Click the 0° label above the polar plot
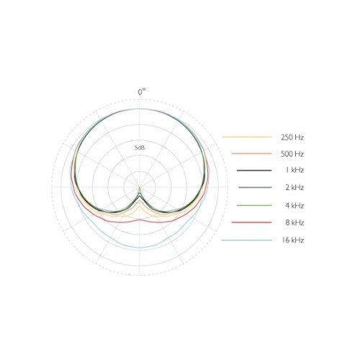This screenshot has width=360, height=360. pyautogui.click(x=142, y=92)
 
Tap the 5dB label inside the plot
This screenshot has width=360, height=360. pyautogui.click(x=140, y=148)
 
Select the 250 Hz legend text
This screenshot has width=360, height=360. pyautogui.click(x=292, y=138)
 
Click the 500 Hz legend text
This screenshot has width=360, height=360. pyautogui.click(x=292, y=154)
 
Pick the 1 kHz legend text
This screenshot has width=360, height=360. pyautogui.click(x=294, y=170)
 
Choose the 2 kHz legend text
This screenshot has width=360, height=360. pyautogui.click(x=294, y=187)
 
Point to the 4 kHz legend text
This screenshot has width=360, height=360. pyautogui.click(x=294, y=206)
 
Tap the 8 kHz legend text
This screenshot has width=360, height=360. pyautogui.click(x=294, y=222)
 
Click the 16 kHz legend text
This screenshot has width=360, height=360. pyautogui.click(x=292, y=240)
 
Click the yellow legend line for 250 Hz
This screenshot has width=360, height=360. pyautogui.click(x=247, y=137)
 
